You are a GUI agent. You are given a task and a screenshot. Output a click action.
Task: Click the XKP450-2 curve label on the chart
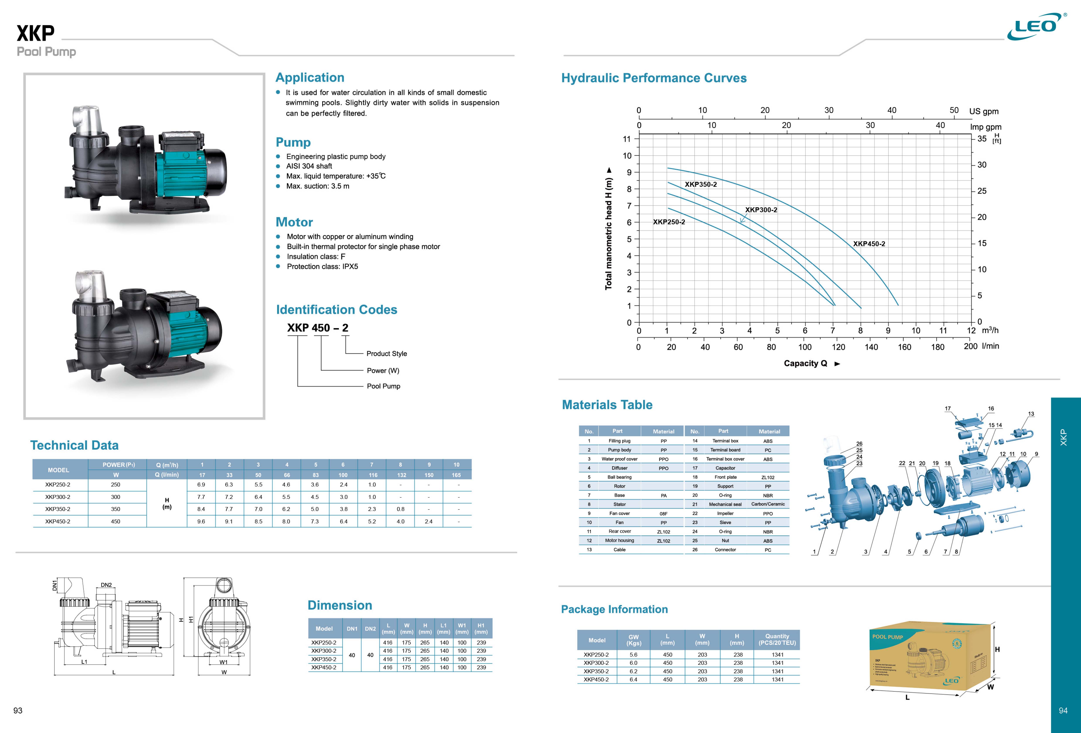(869, 244)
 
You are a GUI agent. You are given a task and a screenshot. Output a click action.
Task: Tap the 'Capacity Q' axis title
(805, 363)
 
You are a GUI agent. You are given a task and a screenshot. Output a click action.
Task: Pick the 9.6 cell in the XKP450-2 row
(201, 521)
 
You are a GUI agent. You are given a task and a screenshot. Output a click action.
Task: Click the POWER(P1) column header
(119, 465)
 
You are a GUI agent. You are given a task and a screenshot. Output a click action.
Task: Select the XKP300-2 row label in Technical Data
(58, 497)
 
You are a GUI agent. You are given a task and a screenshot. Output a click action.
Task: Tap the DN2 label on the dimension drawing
(106, 585)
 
